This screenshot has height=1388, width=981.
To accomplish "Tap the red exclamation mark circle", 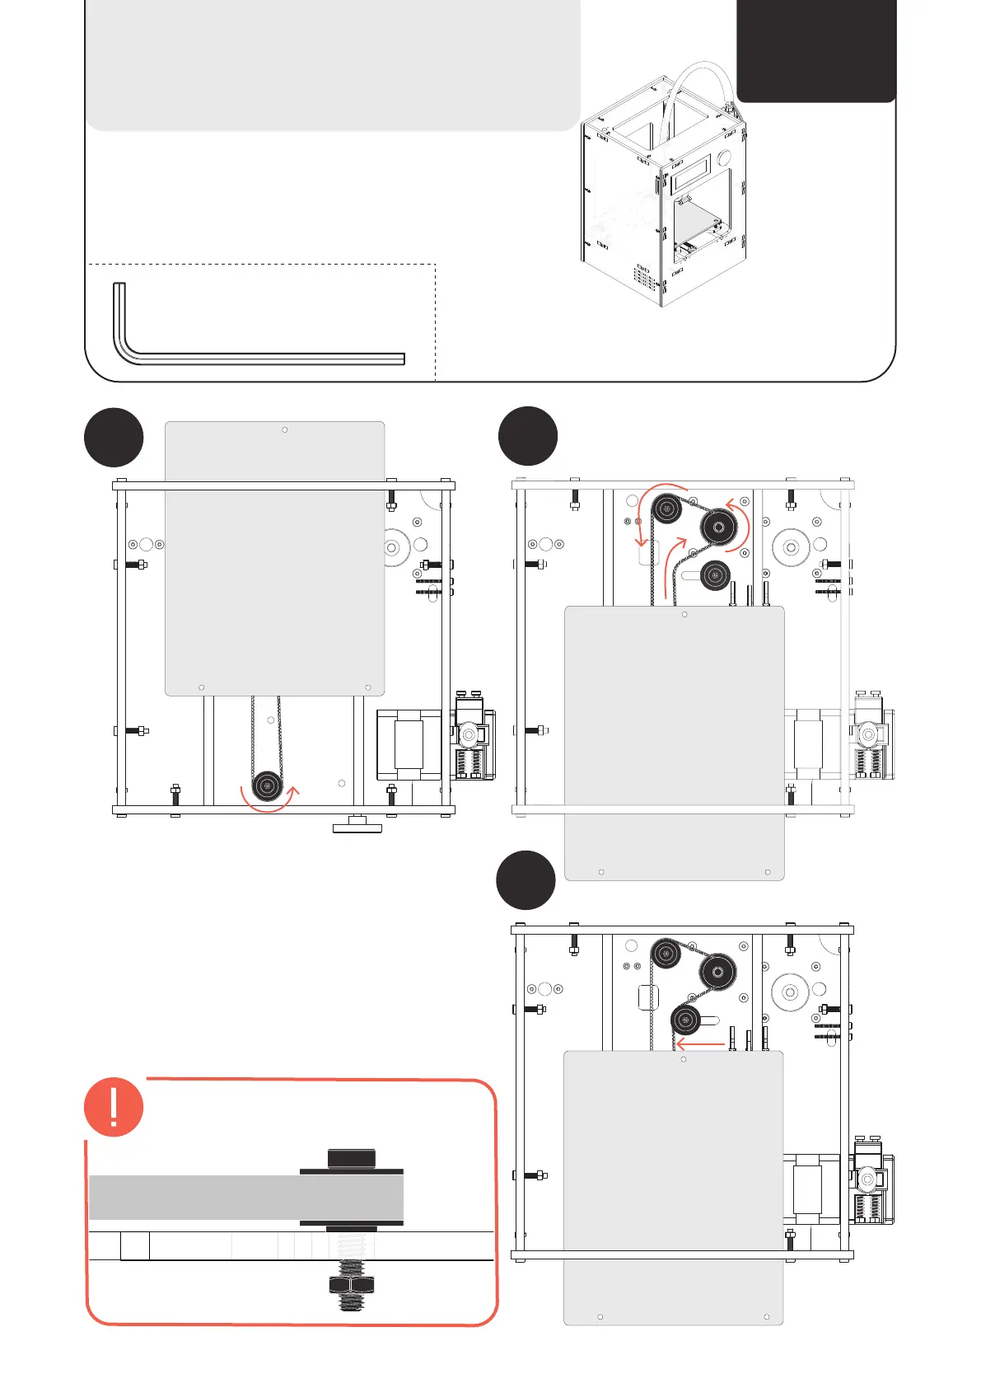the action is click(114, 1106).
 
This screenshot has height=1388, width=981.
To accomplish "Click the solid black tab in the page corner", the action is click(815, 49).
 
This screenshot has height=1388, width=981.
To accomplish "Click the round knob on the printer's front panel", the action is click(724, 157).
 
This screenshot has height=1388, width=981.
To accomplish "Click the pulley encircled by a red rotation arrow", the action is click(266, 785).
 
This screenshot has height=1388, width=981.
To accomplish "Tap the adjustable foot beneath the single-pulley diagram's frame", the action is click(357, 824).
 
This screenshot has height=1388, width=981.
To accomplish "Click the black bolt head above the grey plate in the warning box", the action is click(352, 1158).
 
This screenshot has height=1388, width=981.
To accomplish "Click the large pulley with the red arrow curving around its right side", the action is click(718, 527).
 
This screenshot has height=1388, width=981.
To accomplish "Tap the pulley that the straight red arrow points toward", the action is click(685, 1020).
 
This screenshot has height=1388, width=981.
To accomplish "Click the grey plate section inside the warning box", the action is click(198, 1197).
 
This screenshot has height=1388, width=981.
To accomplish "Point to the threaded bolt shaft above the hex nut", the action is click(352, 1253).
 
